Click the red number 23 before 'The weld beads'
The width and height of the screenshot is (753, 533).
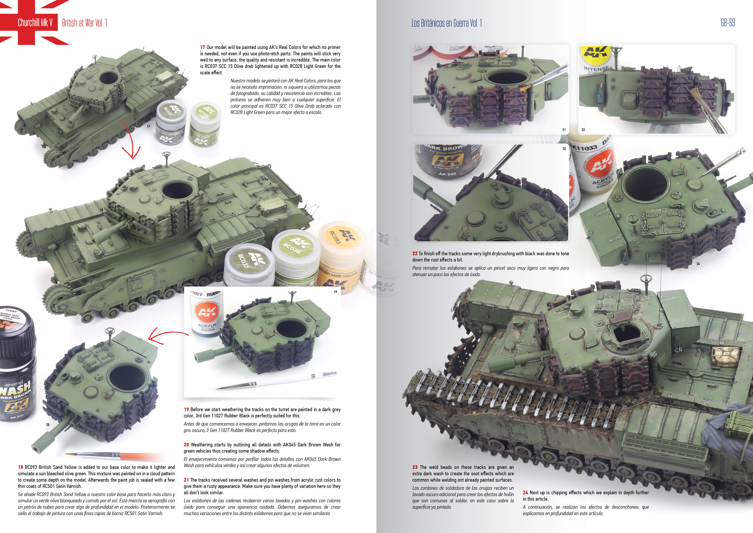point(415,467)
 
